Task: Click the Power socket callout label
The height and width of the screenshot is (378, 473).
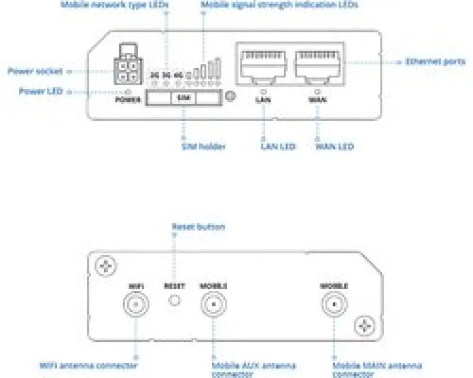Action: point(35,71)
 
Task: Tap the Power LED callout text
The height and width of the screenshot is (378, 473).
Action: point(40,91)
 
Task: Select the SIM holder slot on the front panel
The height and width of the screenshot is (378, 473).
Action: point(182,98)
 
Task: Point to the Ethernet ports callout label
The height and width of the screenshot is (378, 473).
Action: point(435,61)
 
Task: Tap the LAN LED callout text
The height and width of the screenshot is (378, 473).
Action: point(277,146)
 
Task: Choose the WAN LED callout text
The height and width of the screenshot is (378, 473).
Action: point(334,146)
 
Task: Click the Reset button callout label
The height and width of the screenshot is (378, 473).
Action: point(198,227)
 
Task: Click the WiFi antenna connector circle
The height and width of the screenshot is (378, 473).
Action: point(135,304)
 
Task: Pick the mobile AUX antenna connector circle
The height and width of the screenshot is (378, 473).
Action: point(213,304)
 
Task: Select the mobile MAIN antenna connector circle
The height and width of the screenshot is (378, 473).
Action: point(334,304)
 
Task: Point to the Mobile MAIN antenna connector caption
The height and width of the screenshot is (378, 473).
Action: point(376,370)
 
